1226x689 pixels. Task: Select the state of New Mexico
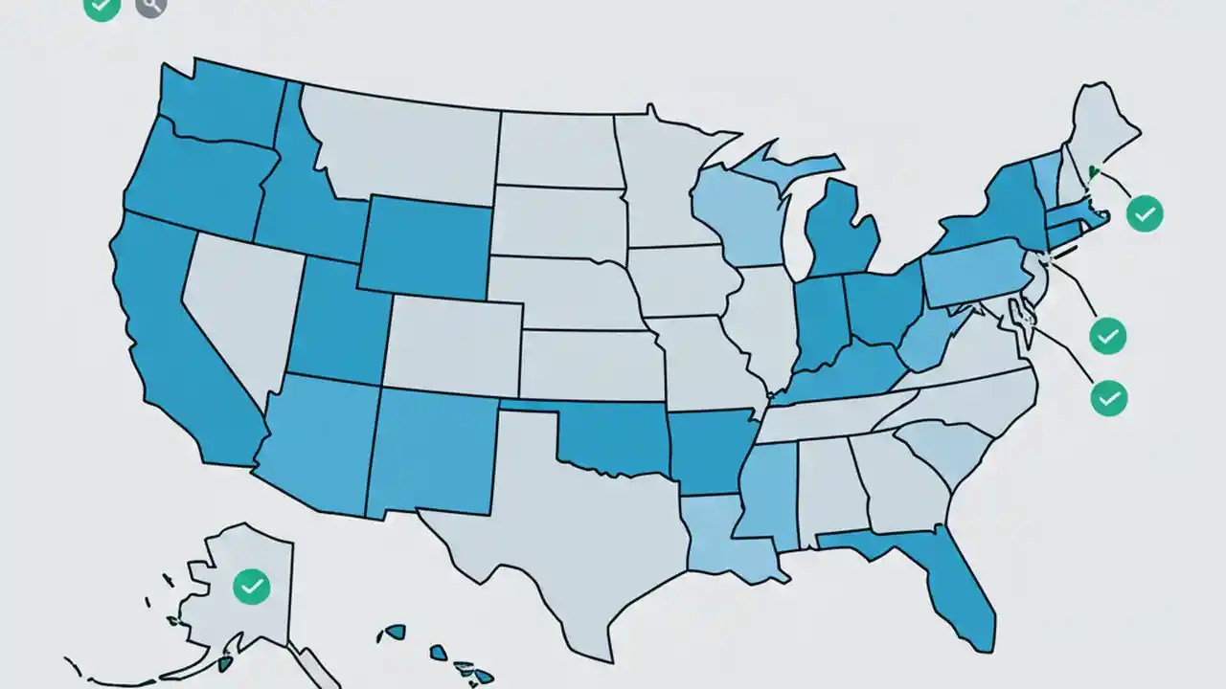click(x=431, y=450)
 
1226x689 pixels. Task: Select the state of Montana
click(x=402, y=144)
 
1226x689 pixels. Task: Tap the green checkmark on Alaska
click(x=252, y=585)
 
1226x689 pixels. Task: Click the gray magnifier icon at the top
click(x=150, y=6)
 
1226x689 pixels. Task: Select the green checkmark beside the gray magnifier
click(x=101, y=7)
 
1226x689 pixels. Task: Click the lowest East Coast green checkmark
click(x=1109, y=397)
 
